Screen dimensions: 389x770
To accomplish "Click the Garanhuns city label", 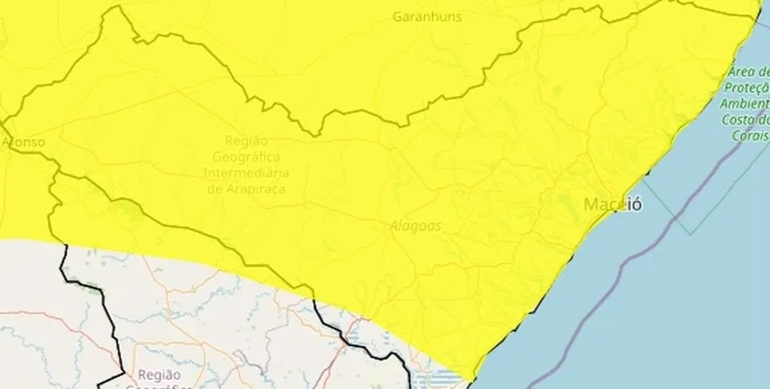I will click(x=428, y=16).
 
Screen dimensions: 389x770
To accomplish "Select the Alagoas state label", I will click(x=416, y=225).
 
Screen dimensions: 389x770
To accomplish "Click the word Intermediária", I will click(x=246, y=172).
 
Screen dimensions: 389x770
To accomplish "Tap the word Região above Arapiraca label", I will click(x=246, y=140).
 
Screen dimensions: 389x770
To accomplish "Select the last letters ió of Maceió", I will click(x=635, y=205).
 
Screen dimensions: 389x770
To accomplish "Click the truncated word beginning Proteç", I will click(x=747, y=88).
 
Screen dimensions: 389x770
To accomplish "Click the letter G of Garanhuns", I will click(x=399, y=16).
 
